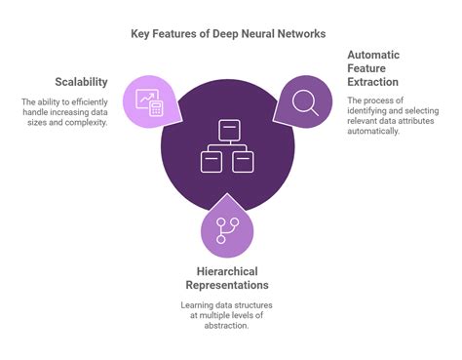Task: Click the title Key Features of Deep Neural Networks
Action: [228, 33]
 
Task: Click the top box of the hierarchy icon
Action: [228, 129]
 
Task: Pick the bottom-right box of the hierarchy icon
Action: [243, 161]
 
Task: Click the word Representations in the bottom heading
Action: [227, 285]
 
